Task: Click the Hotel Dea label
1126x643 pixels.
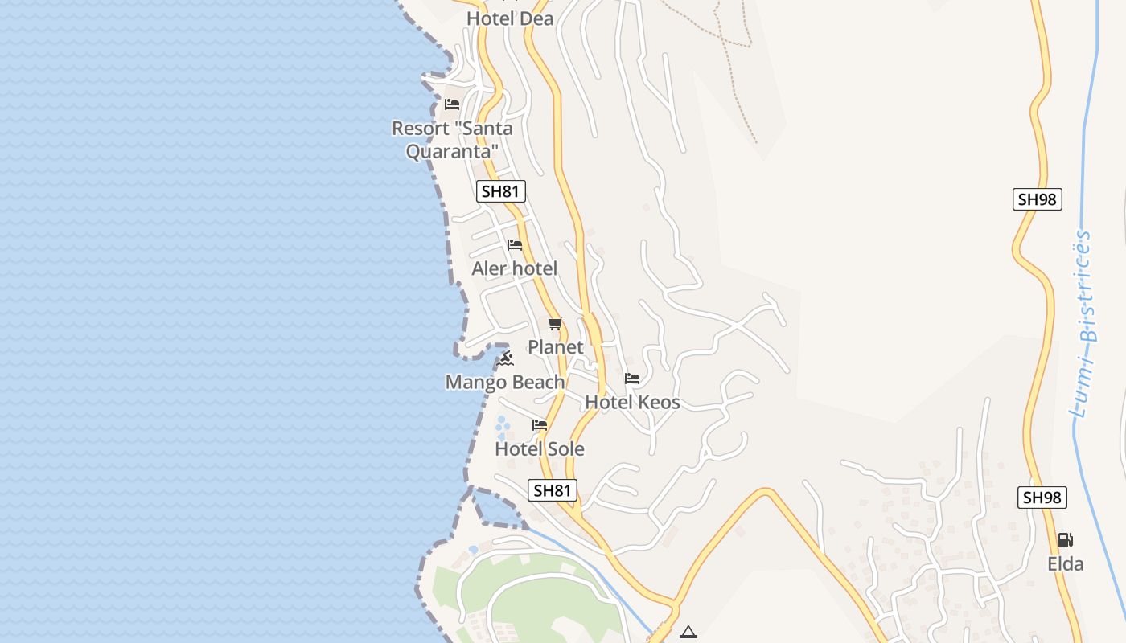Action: [510, 18]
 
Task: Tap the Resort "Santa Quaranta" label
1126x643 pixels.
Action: [452, 139]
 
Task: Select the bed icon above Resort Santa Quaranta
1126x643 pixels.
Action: [452, 104]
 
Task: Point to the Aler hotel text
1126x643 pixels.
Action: [514, 268]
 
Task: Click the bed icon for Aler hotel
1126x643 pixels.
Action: [515, 245]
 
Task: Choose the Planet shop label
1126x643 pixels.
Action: [555, 347]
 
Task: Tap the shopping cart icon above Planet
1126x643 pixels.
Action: [555, 324]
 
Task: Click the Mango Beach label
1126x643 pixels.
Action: [505, 382]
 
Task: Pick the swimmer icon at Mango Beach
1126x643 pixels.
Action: [505, 358]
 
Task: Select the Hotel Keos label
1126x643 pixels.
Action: [632, 402]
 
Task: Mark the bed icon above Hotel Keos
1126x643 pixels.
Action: [632, 379]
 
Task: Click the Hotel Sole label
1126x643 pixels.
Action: [539, 448]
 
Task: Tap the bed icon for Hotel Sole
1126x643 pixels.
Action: [540, 425]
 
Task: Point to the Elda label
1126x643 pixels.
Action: [1065, 563]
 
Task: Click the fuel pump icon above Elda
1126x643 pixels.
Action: [1065, 540]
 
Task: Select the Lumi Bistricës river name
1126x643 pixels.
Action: [1083, 324]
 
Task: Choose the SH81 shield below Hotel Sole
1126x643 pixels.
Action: [553, 490]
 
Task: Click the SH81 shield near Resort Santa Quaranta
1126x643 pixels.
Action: [501, 191]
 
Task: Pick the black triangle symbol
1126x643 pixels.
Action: [688, 633]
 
